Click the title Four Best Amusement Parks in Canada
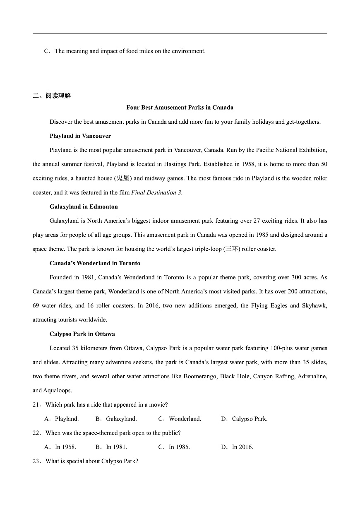[180, 108]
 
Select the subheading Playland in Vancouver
[80, 136]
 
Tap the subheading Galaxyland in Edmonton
[84, 206]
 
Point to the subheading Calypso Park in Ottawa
[82, 334]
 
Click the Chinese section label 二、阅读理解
[52, 96]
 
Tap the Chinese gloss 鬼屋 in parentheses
[123, 178]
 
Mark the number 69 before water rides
[37, 306]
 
